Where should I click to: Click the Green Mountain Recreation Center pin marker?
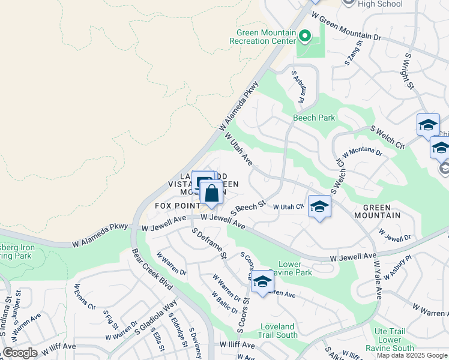tap(304, 37)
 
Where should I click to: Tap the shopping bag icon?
tap(211, 194)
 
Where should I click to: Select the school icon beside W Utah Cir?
tap(319, 207)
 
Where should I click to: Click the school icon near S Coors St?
tap(262, 282)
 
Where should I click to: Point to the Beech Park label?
tap(314, 118)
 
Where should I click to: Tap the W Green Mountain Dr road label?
tap(346, 29)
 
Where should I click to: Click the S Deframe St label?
tap(208, 243)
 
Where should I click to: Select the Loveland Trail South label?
tap(279, 331)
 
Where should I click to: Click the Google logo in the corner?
tap(20, 353)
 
